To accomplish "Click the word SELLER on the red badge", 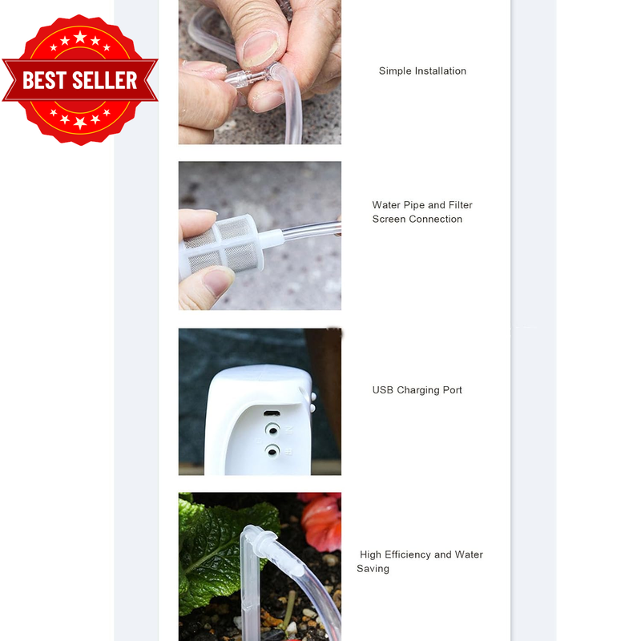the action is click(105, 80).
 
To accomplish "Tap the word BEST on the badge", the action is click(45, 80).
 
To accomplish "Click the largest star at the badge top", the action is click(80, 37).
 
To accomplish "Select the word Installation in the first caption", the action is click(440, 71).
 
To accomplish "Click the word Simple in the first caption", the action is click(395, 71).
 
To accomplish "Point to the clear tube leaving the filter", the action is click(311, 231).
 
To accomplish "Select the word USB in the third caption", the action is click(383, 390).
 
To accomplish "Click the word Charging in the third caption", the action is click(417, 390).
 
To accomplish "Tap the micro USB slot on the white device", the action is click(272, 413).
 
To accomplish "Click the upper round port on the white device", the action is click(272, 429).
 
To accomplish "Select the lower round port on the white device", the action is click(272, 451).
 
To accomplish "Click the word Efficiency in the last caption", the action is click(408, 555).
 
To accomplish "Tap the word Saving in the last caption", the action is click(373, 569).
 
